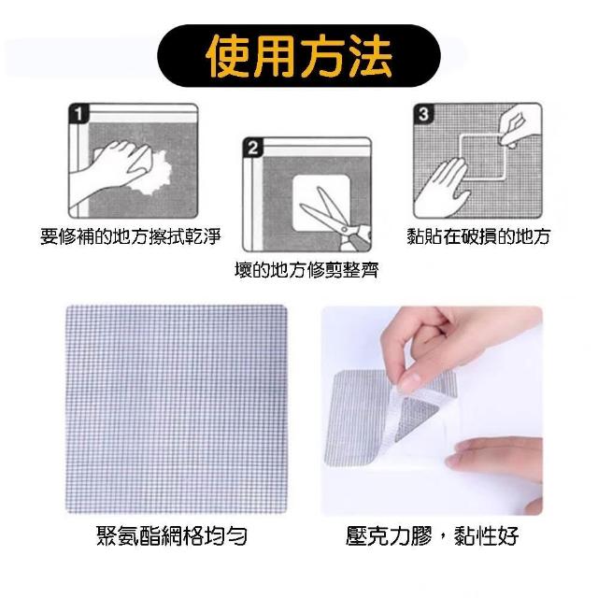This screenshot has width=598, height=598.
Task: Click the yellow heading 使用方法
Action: (299, 56)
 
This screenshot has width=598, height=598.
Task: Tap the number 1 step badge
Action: (78, 114)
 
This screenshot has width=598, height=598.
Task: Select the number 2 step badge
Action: (253, 148)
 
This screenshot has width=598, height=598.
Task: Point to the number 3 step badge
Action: (423, 114)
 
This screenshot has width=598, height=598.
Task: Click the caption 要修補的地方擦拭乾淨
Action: (131, 236)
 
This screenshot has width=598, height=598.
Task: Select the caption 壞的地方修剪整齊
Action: (306, 270)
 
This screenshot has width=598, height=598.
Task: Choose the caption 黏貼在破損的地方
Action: (478, 236)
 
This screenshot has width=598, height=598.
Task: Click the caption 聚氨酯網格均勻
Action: (172, 535)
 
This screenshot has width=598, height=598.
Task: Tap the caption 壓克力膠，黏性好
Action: (432, 535)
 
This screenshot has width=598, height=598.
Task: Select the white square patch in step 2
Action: (321, 204)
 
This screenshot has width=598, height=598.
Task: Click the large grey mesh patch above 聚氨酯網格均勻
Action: (177, 409)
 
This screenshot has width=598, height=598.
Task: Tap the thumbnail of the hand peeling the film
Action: (432, 411)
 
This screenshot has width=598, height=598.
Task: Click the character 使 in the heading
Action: (228, 56)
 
